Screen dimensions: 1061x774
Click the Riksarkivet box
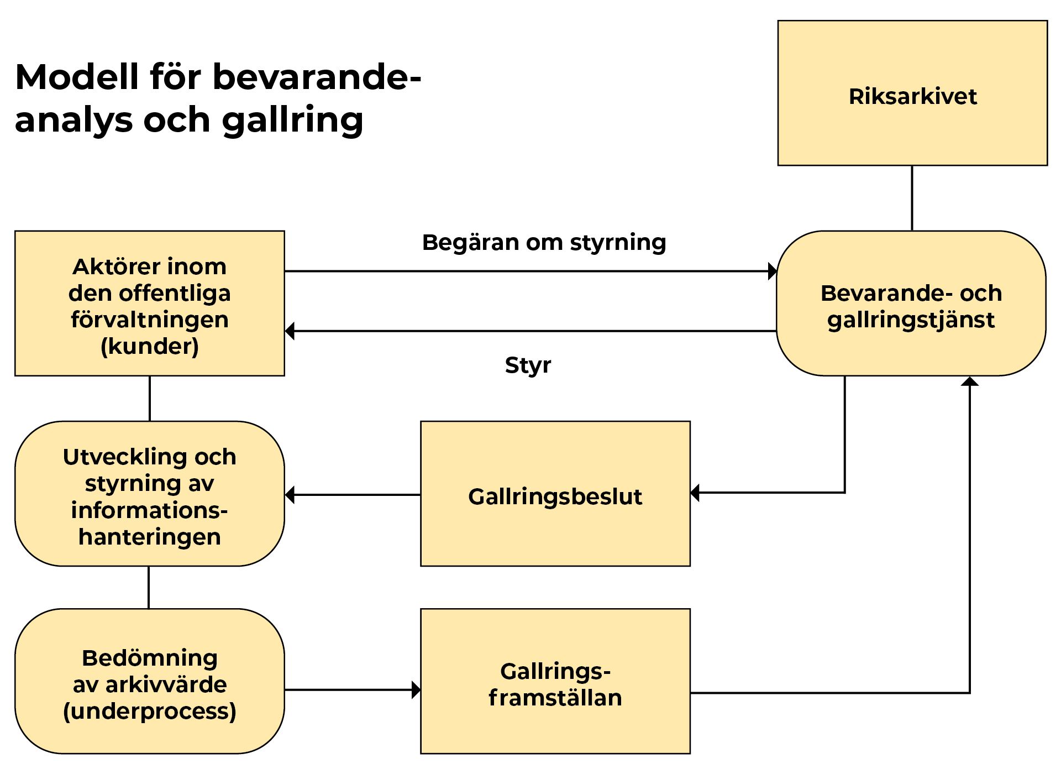point(912,93)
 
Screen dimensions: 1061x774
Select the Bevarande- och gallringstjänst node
point(911,304)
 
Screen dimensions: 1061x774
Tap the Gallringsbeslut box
point(555,494)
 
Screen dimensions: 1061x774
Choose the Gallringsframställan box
point(555,681)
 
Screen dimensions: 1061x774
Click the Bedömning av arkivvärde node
point(150,681)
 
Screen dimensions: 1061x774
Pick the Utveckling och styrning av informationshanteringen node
point(150,494)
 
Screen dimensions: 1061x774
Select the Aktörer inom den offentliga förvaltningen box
point(150,304)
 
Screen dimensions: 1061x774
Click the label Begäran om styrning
point(544,243)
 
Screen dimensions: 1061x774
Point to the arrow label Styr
point(528,365)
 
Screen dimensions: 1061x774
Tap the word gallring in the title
point(293,121)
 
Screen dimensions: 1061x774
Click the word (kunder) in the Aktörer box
point(150,347)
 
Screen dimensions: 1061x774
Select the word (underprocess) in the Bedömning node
point(150,712)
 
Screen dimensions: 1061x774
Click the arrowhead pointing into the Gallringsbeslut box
point(695,493)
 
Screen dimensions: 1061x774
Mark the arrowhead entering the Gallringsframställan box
point(416,690)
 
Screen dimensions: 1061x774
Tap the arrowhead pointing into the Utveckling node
point(290,495)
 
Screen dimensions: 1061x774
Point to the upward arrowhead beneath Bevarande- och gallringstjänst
point(970,381)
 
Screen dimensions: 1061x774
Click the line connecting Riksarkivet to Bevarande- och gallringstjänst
point(912,198)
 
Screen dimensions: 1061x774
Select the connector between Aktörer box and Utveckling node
point(150,399)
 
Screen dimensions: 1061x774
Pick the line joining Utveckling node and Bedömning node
point(149,588)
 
